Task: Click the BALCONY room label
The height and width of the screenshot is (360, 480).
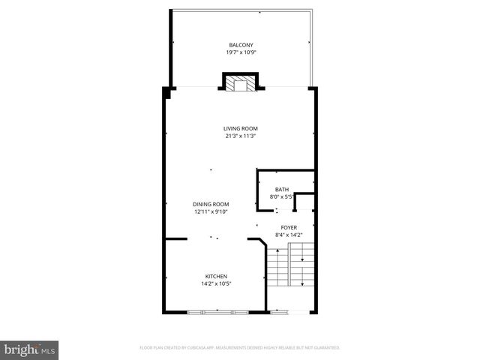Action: tap(241, 45)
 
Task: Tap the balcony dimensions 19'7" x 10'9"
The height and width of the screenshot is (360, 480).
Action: tap(241, 52)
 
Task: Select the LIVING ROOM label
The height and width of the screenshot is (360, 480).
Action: tap(241, 128)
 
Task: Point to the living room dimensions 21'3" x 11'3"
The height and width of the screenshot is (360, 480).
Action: tap(241, 136)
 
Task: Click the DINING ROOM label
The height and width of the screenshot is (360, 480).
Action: tap(211, 204)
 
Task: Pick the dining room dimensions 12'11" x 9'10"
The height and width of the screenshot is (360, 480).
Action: tap(211, 211)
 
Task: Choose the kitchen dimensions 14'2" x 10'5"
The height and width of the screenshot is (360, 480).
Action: tap(216, 283)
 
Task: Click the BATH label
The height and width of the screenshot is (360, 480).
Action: tap(282, 190)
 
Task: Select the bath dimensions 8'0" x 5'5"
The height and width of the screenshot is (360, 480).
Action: tap(282, 197)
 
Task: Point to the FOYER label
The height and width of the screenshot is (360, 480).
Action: tap(289, 227)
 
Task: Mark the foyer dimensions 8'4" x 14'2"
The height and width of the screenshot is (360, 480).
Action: tap(289, 235)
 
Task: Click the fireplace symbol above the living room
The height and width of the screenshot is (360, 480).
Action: tap(241, 82)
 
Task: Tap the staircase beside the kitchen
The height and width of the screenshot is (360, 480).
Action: tap(292, 267)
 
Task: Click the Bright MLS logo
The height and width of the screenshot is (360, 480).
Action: tap(30, 349)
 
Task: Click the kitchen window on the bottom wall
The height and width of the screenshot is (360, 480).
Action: tap(218, 311)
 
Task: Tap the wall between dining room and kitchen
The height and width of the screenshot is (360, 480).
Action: tap(176, 239)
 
